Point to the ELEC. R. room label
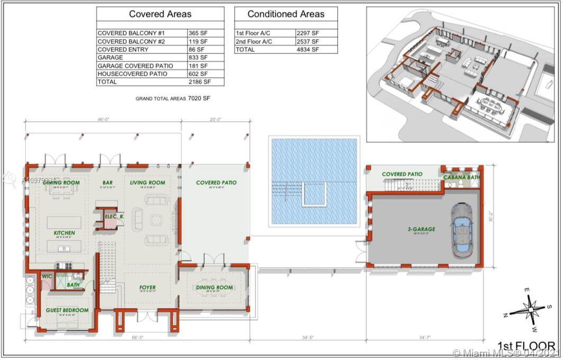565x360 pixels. [114, 217]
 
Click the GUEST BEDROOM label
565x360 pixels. [67, 310]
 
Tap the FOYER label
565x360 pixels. [148, 288]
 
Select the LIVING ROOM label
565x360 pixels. [148, 183]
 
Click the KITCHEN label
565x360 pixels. [64, 233]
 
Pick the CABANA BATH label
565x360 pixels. [461, 177]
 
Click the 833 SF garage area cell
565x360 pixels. [198, 57]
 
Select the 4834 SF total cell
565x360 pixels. [307, 49]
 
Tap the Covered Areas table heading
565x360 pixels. [160, 14]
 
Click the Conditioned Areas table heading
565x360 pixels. [286, 14]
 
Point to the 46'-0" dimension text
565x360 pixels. [103, 120]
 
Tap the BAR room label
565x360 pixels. [107, 183]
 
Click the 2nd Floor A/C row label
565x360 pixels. [254, 41]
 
